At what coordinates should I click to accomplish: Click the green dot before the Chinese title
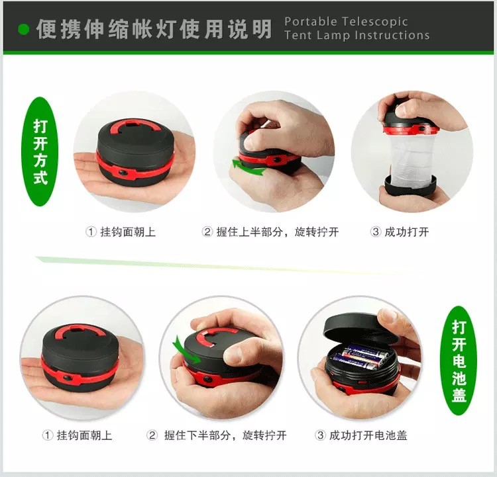(23, 29)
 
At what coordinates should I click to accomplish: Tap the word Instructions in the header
(392, 35)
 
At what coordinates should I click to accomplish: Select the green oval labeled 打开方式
(40, 152)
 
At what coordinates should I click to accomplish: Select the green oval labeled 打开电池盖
(459, 361)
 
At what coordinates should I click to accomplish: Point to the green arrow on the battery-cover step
(186, 350)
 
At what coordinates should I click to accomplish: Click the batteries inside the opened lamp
(360, 357)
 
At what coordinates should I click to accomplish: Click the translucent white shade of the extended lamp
(411, 159)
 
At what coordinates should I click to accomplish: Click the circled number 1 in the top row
(91, 232)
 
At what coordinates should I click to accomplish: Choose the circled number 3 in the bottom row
(320, 435)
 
